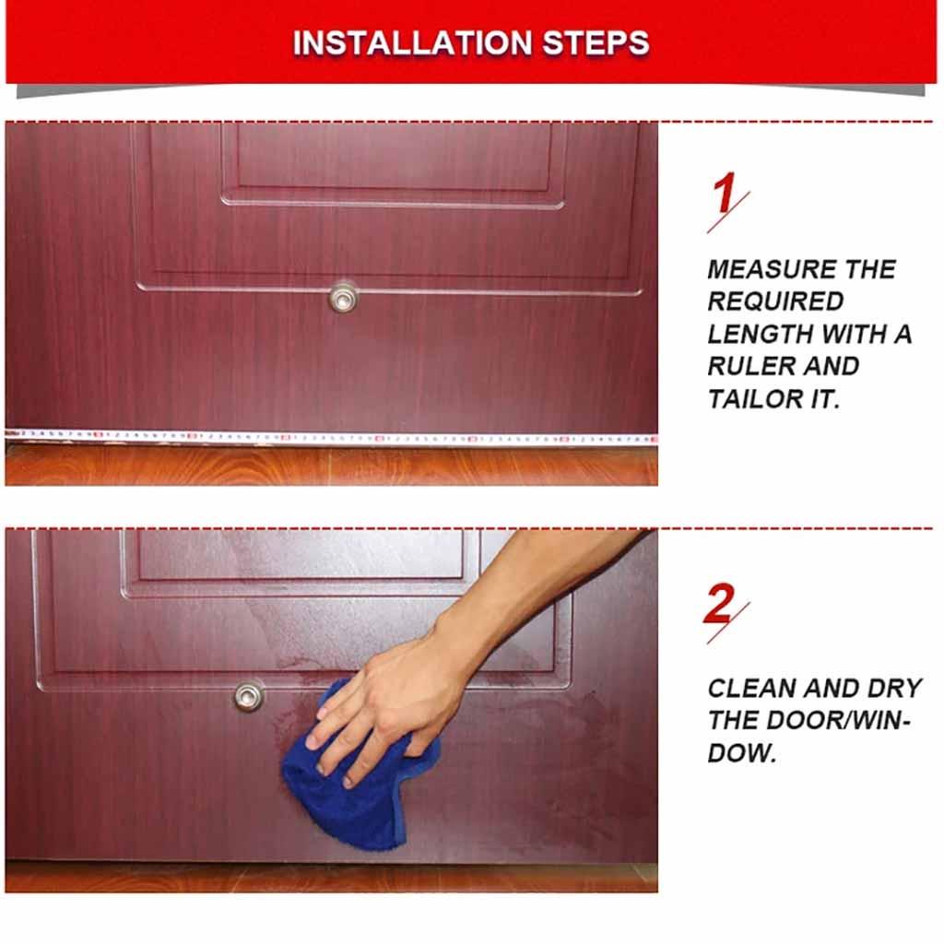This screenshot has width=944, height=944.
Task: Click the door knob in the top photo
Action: click(x=344, y=296)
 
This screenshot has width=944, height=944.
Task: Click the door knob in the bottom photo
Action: click(x=248, y=695)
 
